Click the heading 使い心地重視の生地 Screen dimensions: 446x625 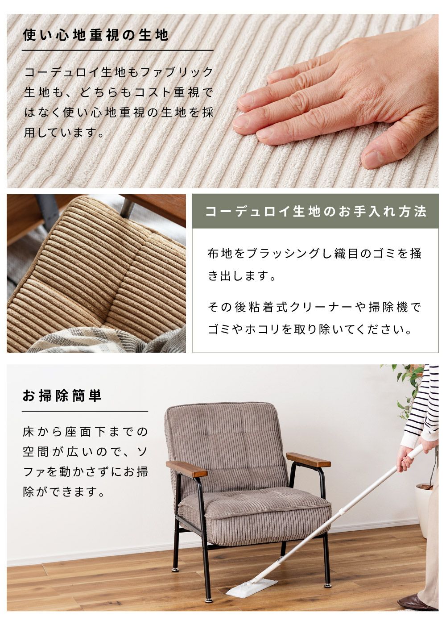(95, 35)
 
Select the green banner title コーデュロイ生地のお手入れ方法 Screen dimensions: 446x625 (316, 212)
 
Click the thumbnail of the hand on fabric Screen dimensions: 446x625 (223, 101)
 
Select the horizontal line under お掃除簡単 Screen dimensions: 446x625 (85, 411)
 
